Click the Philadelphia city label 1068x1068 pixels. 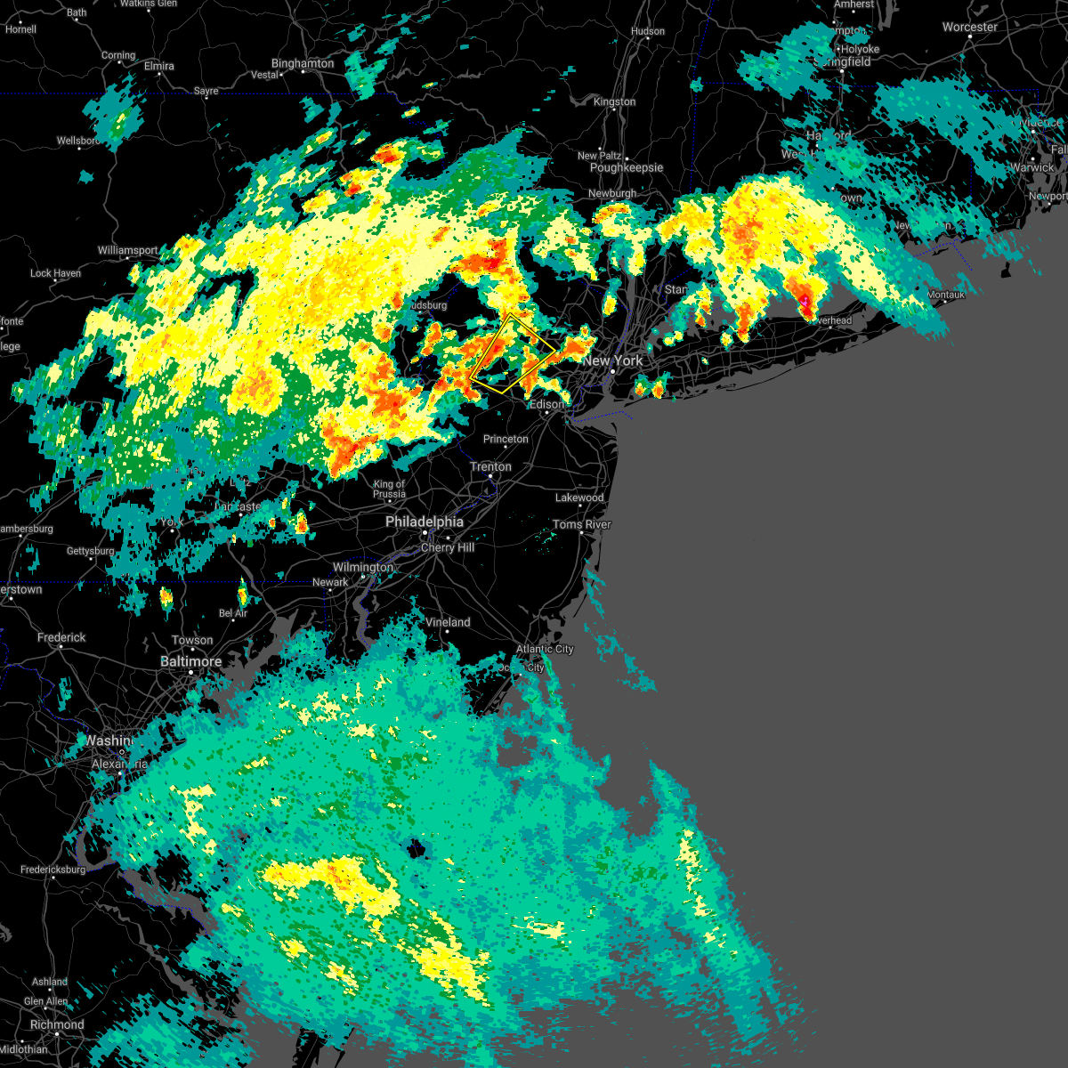pyautogui.click(x=425, y=522)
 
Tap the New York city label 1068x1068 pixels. pyautogui.click(x=612, y=360)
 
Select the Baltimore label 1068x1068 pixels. pyautogui.click(x=190, y=661)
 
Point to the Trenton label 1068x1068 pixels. pyautogui.click(x=490, y=466)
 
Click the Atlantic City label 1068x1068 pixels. pyautogui.click(x=545, y=649)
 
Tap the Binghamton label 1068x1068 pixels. pyautogui.click(x=303, y=64)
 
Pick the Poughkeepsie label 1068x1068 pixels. pyautogui.click(x=627, y=167)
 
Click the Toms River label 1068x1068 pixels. pyautogui.click(x=581, y=524)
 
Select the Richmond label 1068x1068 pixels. pyautogui.click(x=57, y=1024)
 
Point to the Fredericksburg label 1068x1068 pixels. pyautogui.click(x=53, y=870)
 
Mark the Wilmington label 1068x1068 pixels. pyautogui.click(x=363, y=567)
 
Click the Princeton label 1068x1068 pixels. pyautogui.click(x=506, y=439)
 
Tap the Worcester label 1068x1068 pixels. pyautogui.click(x=970, y=27)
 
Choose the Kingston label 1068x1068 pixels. pyautogui.click(x=614, y=101)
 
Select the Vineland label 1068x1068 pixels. pyautogui.click(x=448, y=622)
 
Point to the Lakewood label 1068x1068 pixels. pyautogui.click(x=579, y=498)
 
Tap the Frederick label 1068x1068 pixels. pyautogui.click(x=61, y=637)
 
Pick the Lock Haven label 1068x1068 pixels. pyautogui.click(x=55, y=273)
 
